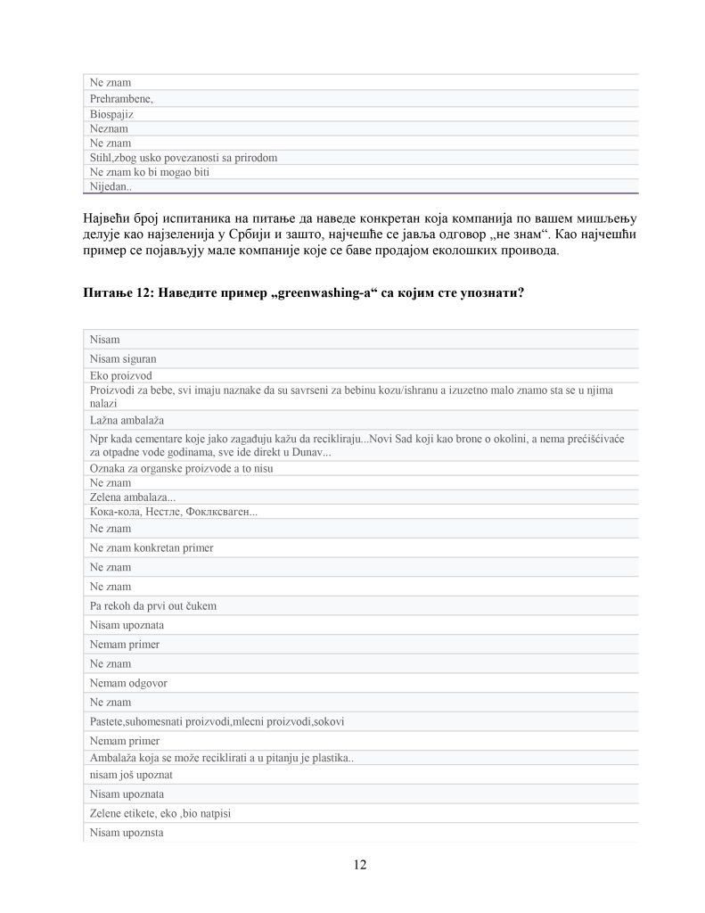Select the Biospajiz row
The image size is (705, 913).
pos(112,113)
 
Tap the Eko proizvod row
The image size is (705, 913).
pos(121,375)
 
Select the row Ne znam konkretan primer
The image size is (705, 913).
pos(152,547)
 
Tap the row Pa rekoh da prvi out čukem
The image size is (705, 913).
pos(153,606)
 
